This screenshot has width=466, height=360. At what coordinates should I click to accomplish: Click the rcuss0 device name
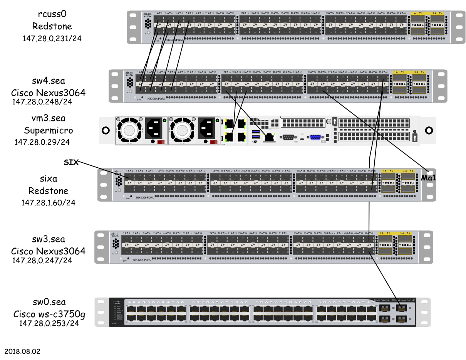pyautogui.click(x=52, y=15)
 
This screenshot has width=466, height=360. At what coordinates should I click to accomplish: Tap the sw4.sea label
pyautogui.click(x=48, y=81)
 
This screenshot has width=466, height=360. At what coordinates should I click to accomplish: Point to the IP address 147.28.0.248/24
pyautogui.click(x=42, y=102)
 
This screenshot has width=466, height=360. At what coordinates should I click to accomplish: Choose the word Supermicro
pyautogui.click(x=48, y=130)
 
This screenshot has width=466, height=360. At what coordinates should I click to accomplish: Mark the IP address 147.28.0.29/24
pyautogui.click(x=42, y=142)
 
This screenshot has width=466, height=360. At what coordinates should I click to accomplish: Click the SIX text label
pyautogui.click(x=71, y=162)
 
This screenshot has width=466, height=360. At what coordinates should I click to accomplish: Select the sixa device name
pyautogui.click(x=48, y=179)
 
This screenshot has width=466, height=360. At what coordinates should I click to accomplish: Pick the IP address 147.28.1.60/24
pyautogui.click(x=48, y=203)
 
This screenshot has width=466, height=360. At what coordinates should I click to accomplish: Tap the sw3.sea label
pyautogui.click(x=48, y=239)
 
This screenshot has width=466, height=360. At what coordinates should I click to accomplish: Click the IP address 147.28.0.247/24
pyautogui.click(x=42, y=261)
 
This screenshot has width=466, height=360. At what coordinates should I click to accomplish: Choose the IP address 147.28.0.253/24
pyautogui.click(x=49, y=324)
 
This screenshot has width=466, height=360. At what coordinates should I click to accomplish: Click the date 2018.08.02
pyautogui.click(x=22, y=352)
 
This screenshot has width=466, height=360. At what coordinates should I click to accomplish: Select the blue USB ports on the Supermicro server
pyautogui.click(x=255, y=135)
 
